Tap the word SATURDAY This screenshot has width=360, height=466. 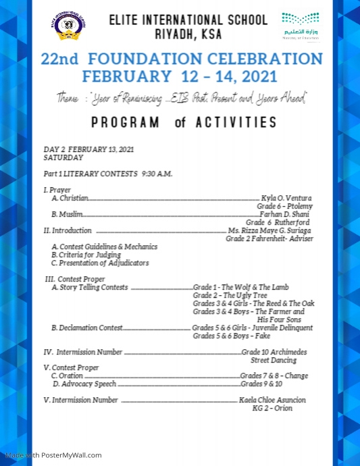[x=63, y=157]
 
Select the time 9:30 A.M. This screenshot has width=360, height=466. [x=157, y=174]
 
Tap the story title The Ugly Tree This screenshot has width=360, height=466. [x=245, y=295]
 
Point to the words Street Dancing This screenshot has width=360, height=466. [x=274, y=361]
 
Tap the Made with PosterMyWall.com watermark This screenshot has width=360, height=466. [x=51, y=455]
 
